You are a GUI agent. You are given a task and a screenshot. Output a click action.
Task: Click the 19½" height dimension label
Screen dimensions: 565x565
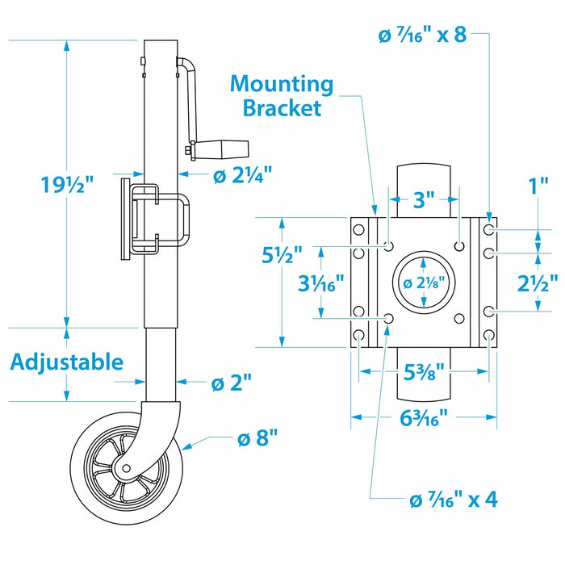point(68,185)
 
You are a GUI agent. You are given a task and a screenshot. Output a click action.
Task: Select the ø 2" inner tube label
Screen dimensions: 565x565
point(232,383)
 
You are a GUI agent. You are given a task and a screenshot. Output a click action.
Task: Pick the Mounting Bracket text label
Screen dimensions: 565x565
point(281,95)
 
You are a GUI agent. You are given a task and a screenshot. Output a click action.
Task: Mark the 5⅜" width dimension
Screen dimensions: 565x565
point(424,372)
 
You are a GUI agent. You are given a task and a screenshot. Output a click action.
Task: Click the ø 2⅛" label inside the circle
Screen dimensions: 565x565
point(425,282)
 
